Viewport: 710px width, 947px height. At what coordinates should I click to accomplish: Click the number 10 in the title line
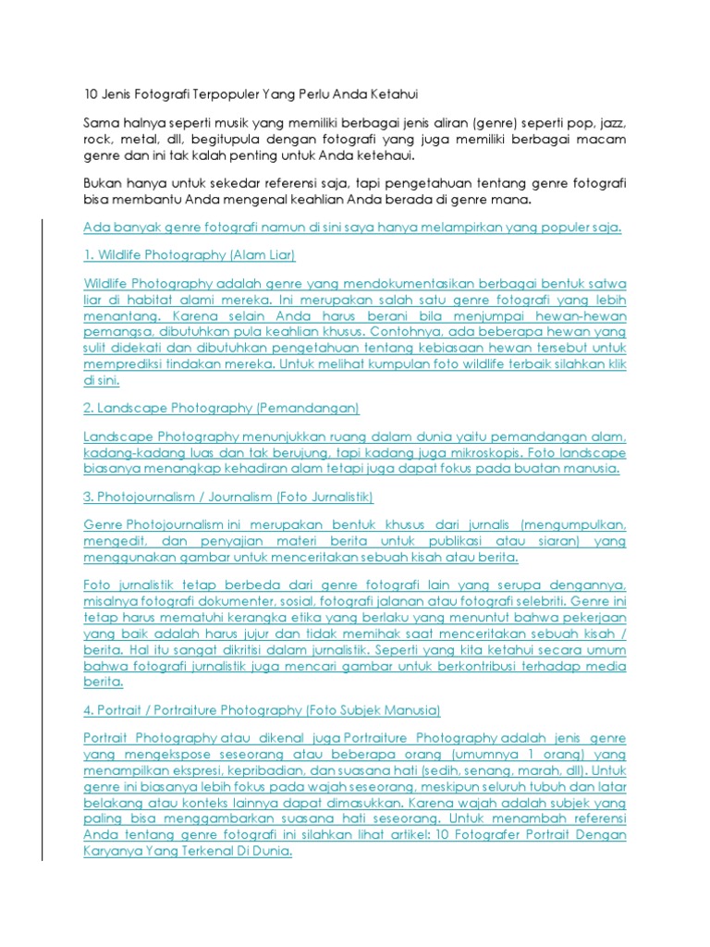91,94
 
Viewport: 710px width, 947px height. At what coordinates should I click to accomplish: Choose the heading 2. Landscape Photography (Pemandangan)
221,408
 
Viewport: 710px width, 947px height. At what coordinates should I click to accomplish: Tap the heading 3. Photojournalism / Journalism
228,497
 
